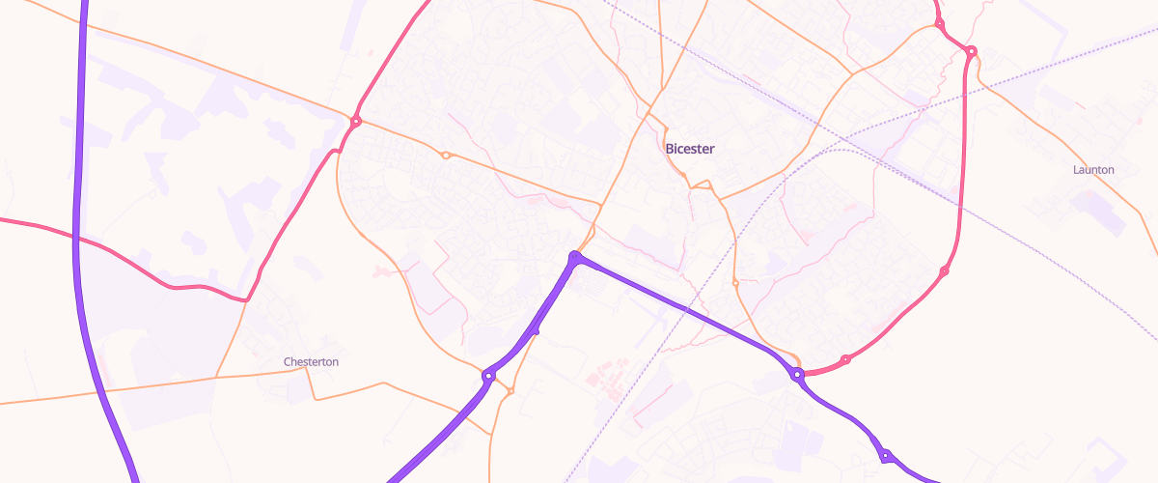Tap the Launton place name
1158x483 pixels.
(1093, 170)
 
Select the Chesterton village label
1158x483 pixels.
(311, 361)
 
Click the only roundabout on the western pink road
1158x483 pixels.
(356, 121)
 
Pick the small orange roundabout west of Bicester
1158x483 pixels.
(446, 156)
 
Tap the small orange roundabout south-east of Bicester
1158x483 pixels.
(735, 283)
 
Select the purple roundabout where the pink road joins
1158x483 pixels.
(797, 374)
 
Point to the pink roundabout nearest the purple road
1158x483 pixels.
(845, 360)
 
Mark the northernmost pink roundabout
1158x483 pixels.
(939, 23)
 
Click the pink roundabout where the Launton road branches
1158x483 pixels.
(971, 51)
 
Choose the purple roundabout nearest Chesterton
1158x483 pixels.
(489, 375)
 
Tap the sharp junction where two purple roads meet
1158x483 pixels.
(575, 258)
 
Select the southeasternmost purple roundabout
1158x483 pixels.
(884, 455)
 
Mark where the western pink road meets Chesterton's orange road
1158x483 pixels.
(245, 300)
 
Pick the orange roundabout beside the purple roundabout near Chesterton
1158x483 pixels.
(510, 391)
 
